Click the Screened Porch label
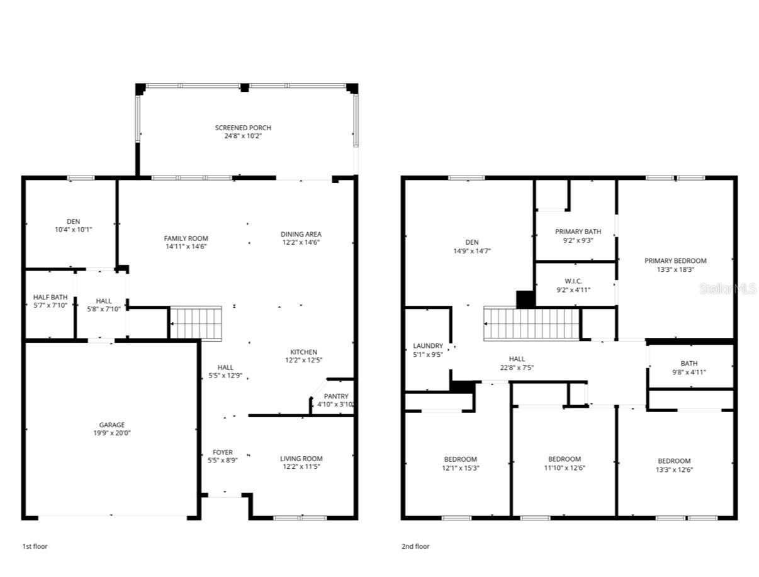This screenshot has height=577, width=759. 243,128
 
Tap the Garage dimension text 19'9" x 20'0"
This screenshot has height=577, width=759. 111,433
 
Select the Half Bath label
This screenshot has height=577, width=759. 50,298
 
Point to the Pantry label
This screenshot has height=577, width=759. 335,396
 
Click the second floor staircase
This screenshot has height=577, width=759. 531,323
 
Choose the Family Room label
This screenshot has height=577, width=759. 186,238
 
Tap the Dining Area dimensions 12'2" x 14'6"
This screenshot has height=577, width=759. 301,242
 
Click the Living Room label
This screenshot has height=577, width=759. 301,459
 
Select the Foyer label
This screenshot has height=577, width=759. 222,452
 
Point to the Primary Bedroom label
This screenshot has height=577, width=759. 675,261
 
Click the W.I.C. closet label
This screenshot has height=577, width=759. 573,281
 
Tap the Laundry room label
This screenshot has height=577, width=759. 428,345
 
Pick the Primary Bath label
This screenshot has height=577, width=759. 578,232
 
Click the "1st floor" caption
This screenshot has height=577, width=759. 35,547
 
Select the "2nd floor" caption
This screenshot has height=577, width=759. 415,547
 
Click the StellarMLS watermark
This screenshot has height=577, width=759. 728,289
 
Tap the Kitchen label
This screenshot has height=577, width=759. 303,352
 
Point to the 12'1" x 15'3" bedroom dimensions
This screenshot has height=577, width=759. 461,468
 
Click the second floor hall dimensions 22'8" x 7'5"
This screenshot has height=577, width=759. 517,368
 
